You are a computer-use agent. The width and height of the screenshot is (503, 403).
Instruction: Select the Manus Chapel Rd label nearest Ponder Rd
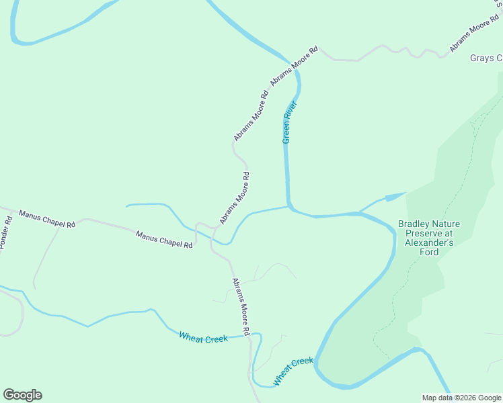[47, 219]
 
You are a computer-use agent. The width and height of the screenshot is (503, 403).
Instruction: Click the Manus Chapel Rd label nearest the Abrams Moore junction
[164, 240]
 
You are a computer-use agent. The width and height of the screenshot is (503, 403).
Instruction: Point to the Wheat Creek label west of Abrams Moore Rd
[203, 338]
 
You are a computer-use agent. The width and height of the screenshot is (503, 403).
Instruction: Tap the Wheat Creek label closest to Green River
[293, 371]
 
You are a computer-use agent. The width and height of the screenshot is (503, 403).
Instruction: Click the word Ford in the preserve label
[428, 253]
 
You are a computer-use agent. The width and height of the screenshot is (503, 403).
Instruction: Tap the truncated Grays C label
[486, 58]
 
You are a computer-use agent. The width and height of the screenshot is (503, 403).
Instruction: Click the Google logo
[22, 395]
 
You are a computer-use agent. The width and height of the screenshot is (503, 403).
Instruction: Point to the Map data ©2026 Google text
[461, 398]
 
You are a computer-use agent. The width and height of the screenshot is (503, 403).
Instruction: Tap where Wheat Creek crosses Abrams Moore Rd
[249, 335]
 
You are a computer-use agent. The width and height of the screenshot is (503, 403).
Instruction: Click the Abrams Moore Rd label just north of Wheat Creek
[241, 307]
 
